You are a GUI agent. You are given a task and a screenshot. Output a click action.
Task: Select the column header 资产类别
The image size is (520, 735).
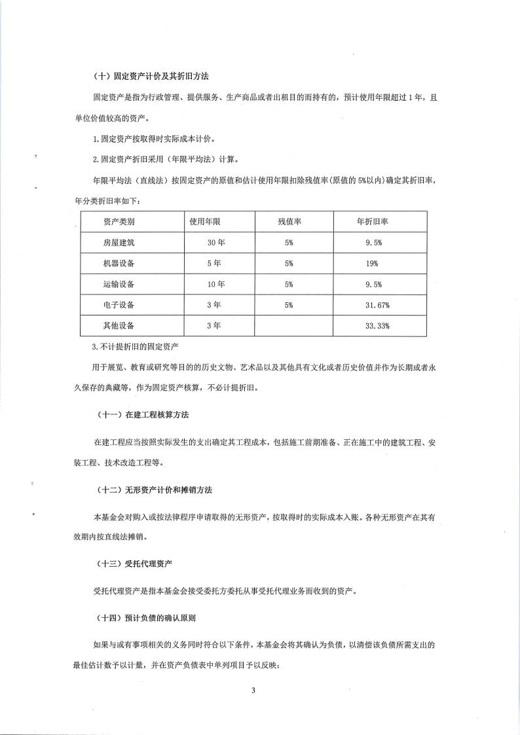(x=119, y=222)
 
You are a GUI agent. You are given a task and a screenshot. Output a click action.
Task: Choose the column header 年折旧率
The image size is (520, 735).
(x=373, y=222)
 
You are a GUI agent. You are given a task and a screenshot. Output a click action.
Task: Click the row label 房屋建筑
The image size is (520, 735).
(x=119, y=242)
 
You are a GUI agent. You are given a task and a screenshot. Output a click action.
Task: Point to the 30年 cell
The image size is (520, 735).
(x=216, y=242)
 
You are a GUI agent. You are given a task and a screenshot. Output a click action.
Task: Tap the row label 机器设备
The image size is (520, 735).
(x=119, y=263)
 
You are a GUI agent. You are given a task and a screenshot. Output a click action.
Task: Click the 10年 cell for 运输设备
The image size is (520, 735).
(x=216, y=284)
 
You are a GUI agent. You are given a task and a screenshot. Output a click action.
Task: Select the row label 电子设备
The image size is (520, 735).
(x=119, y=305)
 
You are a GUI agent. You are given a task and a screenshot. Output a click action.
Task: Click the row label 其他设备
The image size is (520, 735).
(x=119, y=326)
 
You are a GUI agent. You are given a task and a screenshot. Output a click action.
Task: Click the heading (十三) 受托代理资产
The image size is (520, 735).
(x=134, y=563)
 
